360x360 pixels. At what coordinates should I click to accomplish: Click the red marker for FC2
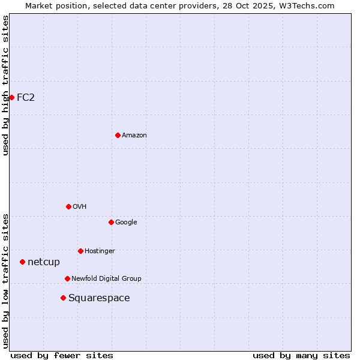point(11,97)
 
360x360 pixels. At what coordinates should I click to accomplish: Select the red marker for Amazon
point(118,136)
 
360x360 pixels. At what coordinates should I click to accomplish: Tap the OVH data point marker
point(68,206)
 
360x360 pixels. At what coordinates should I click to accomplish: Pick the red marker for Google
point(111,222)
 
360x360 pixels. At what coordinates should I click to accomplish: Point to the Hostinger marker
point(80,251)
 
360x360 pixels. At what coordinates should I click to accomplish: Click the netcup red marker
point(22,262)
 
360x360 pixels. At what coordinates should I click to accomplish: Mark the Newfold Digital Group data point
point(67,278)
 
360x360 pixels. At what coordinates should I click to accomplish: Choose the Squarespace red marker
point(63,298)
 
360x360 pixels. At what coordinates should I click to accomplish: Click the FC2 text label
point(26,97)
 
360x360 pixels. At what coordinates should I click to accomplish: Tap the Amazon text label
point(134,136)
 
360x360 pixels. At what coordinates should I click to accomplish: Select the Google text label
point(126,222)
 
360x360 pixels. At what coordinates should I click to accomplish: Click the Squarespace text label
point(99,298)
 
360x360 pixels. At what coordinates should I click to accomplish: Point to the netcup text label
point(44,262)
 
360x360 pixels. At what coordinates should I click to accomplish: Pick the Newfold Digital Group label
point(106,278)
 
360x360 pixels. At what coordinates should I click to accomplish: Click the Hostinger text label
point(100,251)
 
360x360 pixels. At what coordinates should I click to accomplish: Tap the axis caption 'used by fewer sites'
point(62,355)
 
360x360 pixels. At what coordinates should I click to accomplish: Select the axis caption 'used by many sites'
point(301,355)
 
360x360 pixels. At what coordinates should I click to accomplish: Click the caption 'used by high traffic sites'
point(5,85)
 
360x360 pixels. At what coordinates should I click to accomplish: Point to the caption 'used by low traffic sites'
point(5,281)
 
